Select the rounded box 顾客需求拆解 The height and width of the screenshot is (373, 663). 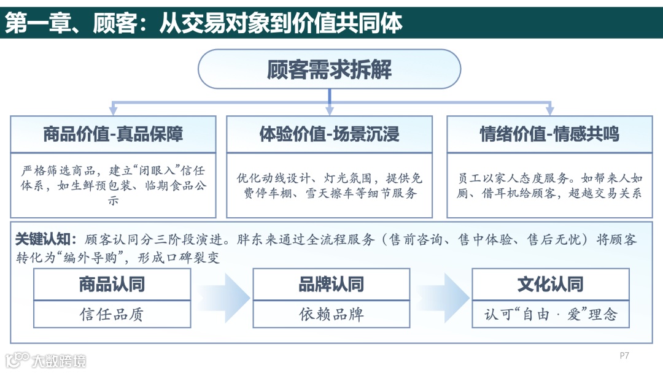329,69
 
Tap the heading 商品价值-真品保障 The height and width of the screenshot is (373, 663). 113,134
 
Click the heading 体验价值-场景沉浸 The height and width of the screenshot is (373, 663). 329,134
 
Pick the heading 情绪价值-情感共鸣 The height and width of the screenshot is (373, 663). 549,134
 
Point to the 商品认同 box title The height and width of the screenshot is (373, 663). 112,285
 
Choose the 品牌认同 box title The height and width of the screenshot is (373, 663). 331,285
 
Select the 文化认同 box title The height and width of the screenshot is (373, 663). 550,285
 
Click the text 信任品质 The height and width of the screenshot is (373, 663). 112,315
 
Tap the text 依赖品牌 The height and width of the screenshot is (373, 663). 331,315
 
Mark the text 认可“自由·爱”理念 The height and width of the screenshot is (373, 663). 550,315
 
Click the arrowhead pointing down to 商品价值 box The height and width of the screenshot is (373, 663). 113,110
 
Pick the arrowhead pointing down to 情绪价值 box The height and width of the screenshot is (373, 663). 549,110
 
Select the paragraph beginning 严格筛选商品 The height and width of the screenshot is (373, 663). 113,185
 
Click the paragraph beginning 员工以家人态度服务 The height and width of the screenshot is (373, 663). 549,185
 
